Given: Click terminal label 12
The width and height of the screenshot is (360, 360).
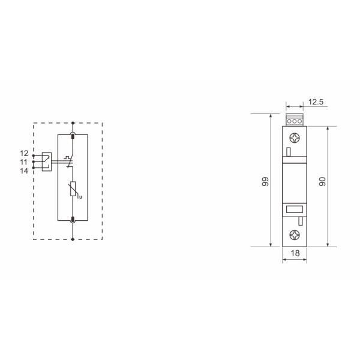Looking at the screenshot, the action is (24, 153).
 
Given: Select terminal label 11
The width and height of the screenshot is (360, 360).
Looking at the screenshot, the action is (23, 162).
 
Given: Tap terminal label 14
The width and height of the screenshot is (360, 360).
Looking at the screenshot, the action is (24, 171).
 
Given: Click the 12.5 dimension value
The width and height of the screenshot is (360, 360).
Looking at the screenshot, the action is (316, 102).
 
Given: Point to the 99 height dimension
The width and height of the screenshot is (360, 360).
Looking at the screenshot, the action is (265, 181).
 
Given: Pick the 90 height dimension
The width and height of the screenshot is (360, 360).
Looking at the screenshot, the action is (323, 181).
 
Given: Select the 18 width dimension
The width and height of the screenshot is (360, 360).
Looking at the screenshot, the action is (295, 253).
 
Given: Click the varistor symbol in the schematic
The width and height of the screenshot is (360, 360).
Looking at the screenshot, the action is (73, 189).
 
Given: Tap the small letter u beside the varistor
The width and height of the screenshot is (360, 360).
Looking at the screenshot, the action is (80, 197).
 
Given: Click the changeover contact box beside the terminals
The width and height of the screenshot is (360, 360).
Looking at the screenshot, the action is (47, 162).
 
